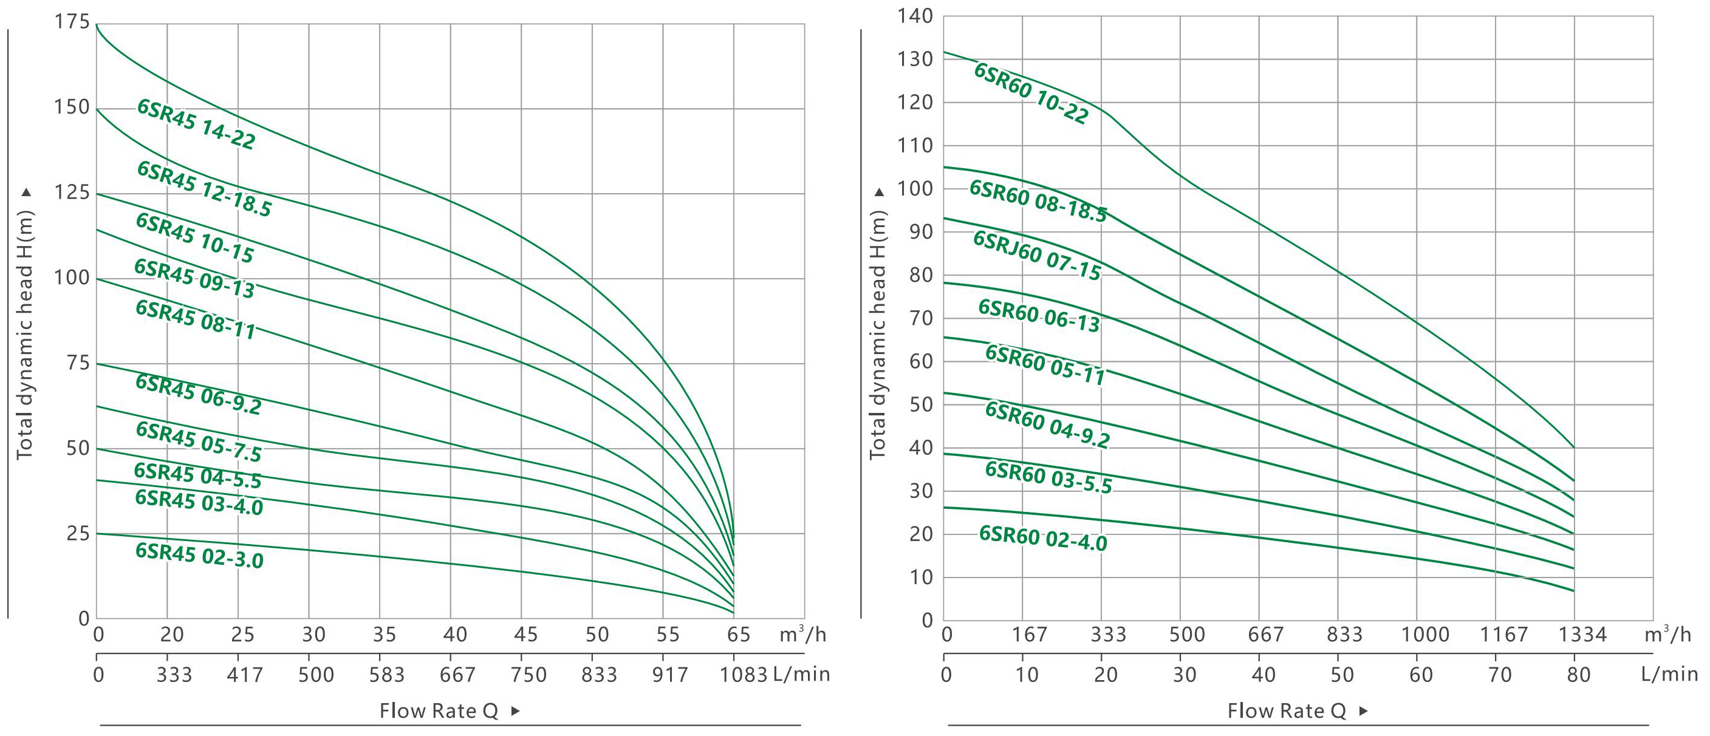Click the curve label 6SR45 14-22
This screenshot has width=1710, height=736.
pyautogui.click(x=196, y=124)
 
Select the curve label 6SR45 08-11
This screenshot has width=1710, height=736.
pyautogui.click(x=196, y=320)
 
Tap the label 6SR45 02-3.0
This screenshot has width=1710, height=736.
pyautogui.click(x=200, y=556)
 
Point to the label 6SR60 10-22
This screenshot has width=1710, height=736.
pyautogui.click(x=1031, y=94)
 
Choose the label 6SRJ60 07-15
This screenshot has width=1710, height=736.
pyautogui.click(x=1037, y=256)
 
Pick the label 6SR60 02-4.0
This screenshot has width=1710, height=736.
pyautogui.click(x=1044, y=538)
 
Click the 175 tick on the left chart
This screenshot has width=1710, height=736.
pyautogui.click(x=72, y=22)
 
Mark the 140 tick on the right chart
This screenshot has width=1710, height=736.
pyautogui.click(x=915, y=16)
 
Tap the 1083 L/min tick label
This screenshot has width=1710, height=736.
pyautogui.click(x=744, y=675)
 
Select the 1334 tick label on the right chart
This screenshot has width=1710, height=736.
pyautogui.click(x=1582, y=635)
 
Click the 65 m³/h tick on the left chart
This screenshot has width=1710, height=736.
pyautogui.click(x=738, y=635)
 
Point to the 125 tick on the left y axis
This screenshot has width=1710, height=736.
pyautogui.click(x=72, y=193)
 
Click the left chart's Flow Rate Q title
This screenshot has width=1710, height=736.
pyautogui.click(x=439, y=710)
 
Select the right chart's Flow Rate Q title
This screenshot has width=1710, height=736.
pyautogui.click(x=1287, y=710)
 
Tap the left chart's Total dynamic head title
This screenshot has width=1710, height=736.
pyautogui.click(x=24, y=335)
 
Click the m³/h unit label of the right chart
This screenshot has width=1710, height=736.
pyautogui.click(x=1667, y=635)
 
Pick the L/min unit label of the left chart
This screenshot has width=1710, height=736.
pyautogui.click(x=802, y=675)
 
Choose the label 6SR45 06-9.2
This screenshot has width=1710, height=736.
pyautogui.click(x=199, y=394)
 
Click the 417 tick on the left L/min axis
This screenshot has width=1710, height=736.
pyautogui.click(x=245, y=675)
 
